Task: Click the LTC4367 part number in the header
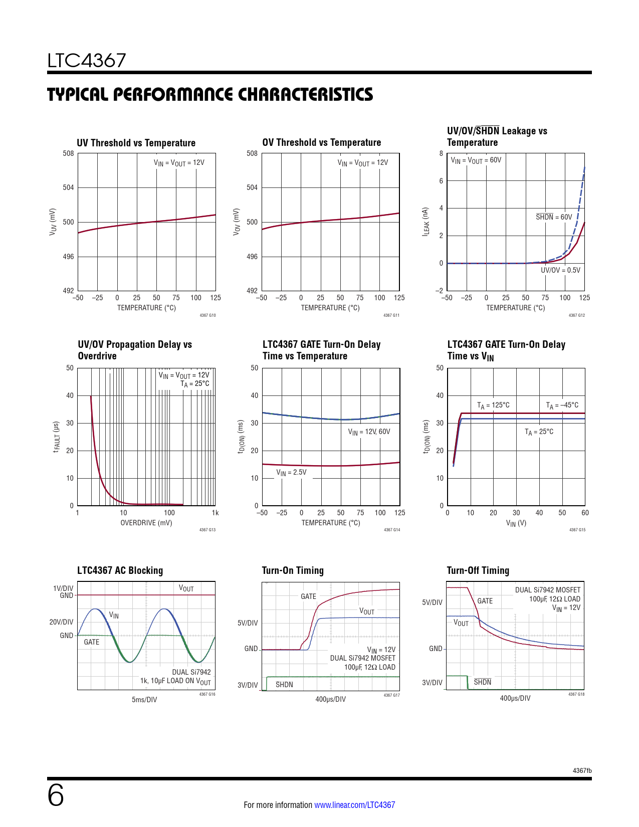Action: click(x=87, y=61)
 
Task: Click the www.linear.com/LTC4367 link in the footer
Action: click(x=354, y=805)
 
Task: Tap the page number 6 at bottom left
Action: click(x=56, y=795)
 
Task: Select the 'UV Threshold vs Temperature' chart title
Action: click(x=136, y=143)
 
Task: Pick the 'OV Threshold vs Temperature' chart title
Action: click(x=321, y=142)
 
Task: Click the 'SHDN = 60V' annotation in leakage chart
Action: click(x=554, y=217)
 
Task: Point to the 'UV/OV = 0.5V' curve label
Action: click(x=560, y=270)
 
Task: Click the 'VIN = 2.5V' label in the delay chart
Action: click(x=291, y=472)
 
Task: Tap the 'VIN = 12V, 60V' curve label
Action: click(x=369, y=432)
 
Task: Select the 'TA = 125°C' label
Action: click(x=493, y=405)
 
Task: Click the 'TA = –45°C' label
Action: click(x=562, y=405)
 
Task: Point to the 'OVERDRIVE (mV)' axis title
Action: click(x=146, y=523)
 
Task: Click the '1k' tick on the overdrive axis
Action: click(x=215, y=513)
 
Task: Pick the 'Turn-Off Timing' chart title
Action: click(x=478, y=570)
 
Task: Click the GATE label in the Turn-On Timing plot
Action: click(x=308, y=596)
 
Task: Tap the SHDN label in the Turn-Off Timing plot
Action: click(x=483, y=682)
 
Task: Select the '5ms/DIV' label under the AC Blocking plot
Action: click(x=144, y=700)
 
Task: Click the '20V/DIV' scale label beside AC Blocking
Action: click(x=61, y=622)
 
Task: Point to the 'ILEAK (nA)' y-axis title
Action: click(x=425, y=222)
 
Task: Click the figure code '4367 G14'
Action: click(x=392, y=530)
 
